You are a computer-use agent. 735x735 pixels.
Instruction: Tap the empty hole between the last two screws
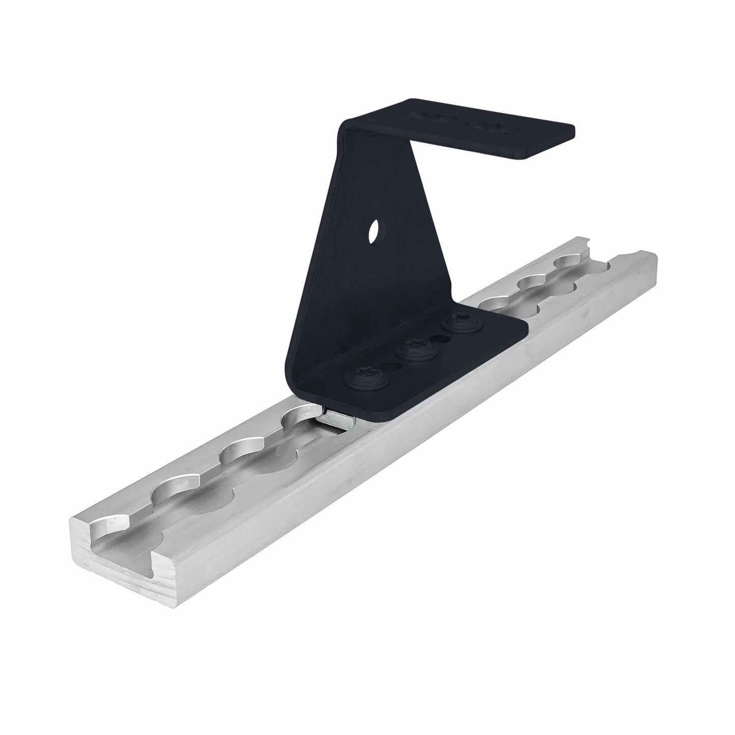pos(435,337)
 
